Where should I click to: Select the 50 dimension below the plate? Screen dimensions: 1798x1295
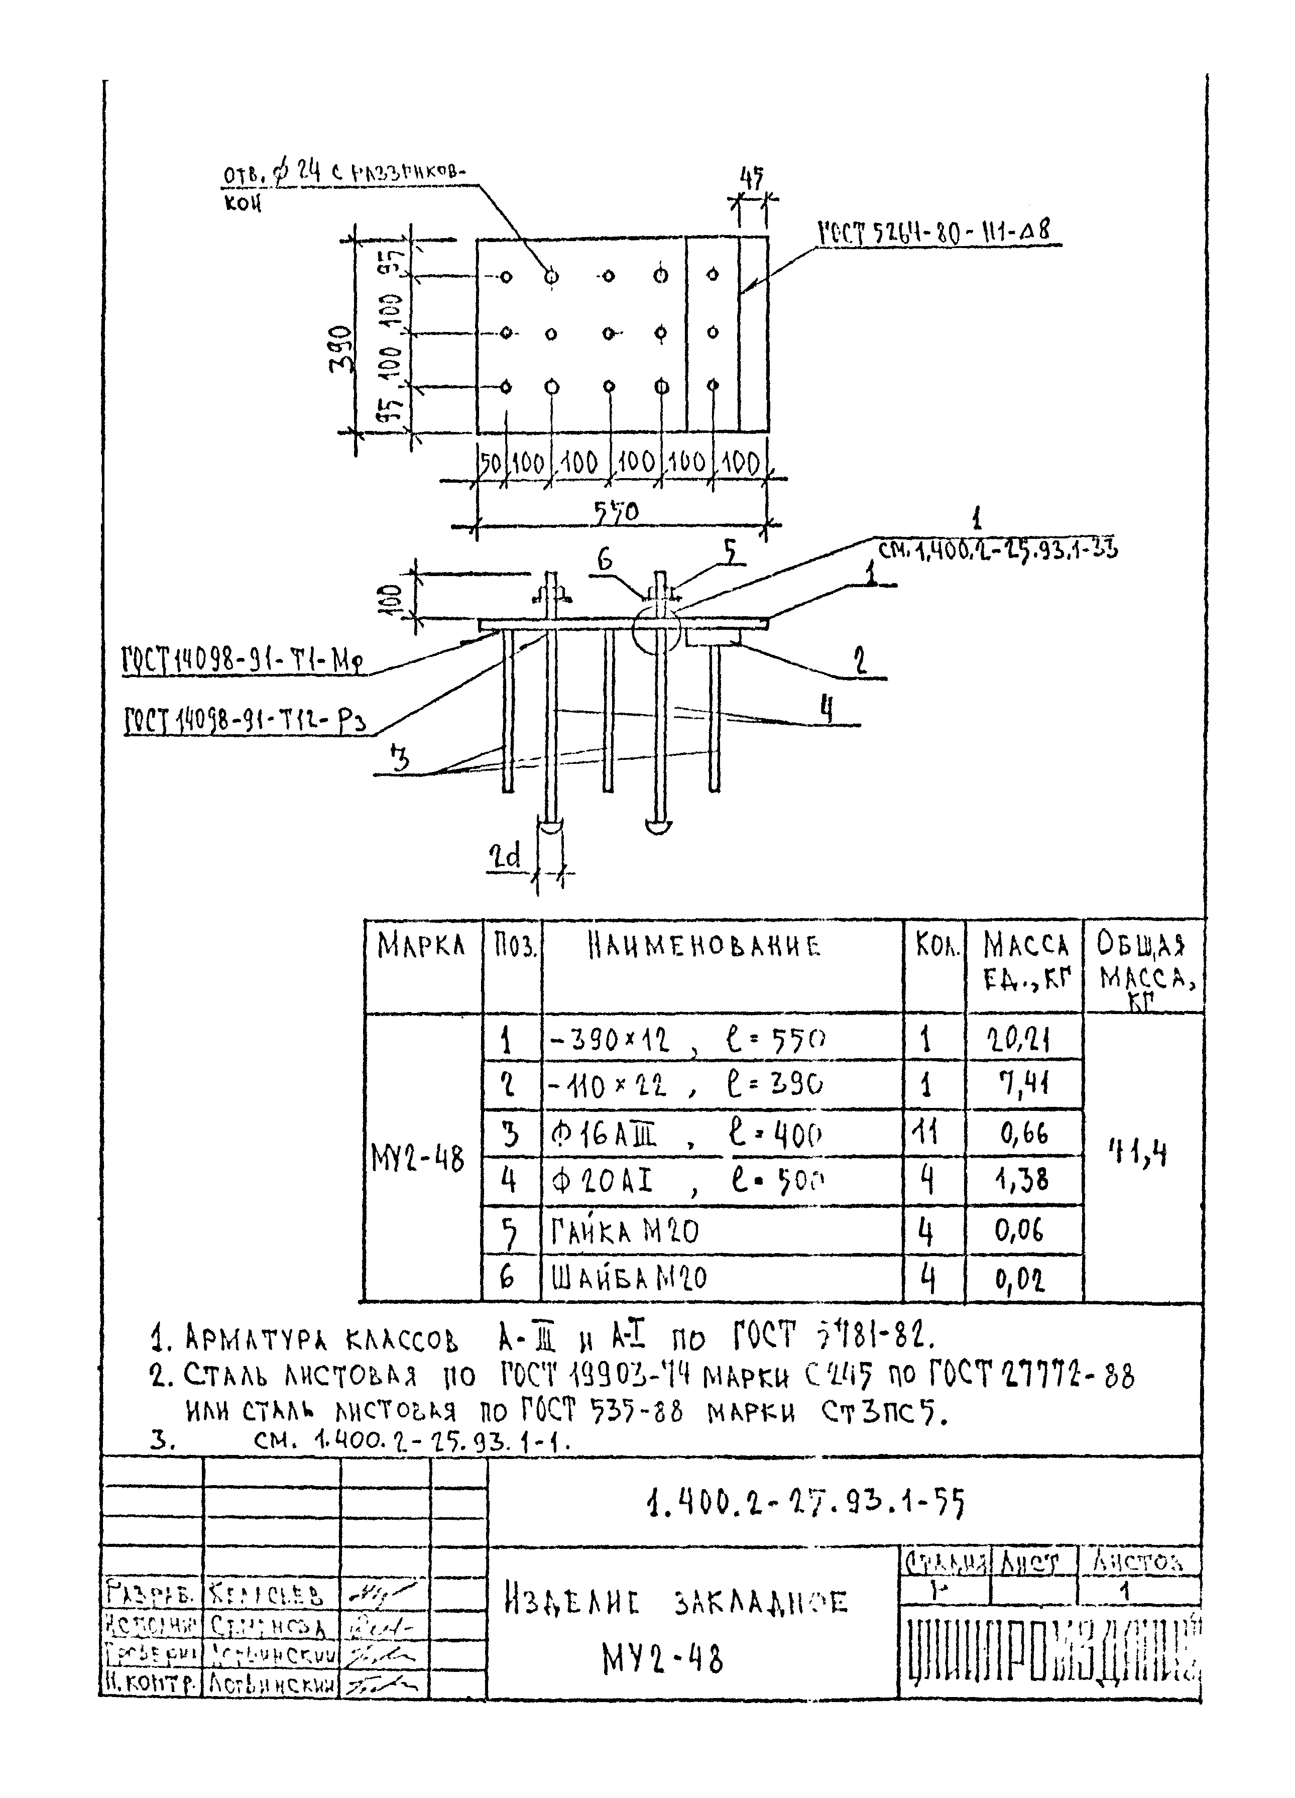pyautogui.click(x=491, y=462)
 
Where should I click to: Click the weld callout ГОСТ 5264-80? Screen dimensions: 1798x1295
pyautogui.click(x=935, y=232)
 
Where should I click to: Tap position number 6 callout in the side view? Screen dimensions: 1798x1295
pyautogui.click(x=605, y=559)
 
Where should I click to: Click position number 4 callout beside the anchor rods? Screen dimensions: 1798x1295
pyautogui.click(x=827, y=708)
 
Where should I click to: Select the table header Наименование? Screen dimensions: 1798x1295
pyautogui.click(x=704, y=946)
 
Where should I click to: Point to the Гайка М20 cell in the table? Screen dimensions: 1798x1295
pyautogui.click(x=625, y=1231)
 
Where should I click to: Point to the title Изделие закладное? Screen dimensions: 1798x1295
pyautogui.click(x=676, y=1602)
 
